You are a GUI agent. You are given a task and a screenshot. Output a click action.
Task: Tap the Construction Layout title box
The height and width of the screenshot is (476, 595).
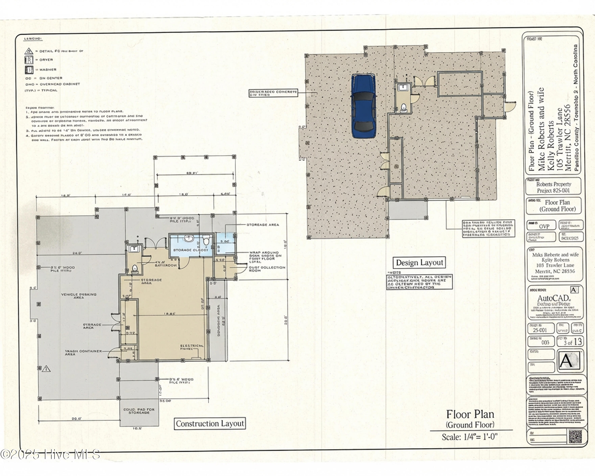coord(210,424)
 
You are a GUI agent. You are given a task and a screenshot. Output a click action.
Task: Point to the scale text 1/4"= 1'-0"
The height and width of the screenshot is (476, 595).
coord(469,437)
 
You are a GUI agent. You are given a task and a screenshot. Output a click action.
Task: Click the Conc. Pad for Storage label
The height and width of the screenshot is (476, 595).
coord(139,411)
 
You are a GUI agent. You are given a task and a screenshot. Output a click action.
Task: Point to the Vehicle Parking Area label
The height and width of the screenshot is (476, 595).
coord(79,296)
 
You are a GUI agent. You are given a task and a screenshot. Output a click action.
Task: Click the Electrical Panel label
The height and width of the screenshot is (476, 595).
coord(192,347)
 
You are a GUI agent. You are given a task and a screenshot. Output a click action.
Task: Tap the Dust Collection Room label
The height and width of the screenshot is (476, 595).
coord(267,269)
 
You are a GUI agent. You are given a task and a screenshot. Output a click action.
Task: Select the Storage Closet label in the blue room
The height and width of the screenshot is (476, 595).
coord(190,250)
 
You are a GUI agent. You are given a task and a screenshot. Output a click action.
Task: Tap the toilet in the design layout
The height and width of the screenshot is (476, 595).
coord(403,107)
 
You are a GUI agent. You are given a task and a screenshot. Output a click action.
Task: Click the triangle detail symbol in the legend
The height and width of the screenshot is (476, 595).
coord(29,51)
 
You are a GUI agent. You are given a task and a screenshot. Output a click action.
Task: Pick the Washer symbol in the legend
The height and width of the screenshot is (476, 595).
coord(29,70)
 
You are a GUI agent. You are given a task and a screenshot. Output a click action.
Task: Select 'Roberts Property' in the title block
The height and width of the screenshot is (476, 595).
coord(554,184)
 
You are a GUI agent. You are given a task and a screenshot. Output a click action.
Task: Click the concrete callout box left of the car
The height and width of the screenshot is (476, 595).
coord(273,93)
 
